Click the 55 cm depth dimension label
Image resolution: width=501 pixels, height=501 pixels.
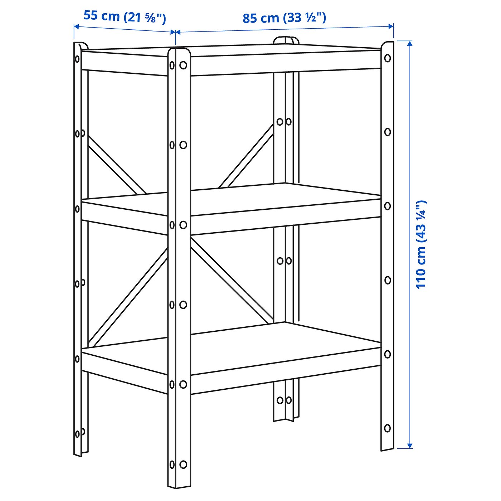pos(125,17)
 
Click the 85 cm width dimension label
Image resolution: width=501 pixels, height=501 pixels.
pos(284,18)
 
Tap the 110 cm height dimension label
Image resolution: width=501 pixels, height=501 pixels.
pos(421,244)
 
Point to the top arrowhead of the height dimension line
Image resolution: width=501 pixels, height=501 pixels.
pos(410,44)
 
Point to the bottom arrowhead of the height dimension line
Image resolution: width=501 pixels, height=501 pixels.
pos(410,445)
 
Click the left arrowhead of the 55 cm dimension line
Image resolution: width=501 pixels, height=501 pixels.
pos(76,26)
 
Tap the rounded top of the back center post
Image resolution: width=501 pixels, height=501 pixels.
pos(286,39)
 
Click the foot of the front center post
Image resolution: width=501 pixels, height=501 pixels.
pos(179,483)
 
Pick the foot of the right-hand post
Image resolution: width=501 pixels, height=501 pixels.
pos(387,447)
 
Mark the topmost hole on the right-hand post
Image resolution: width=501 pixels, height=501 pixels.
pos(388,58)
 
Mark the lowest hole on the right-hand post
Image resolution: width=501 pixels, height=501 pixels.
pos(388,428)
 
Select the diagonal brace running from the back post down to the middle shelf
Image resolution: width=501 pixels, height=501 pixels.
pos(247,156)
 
